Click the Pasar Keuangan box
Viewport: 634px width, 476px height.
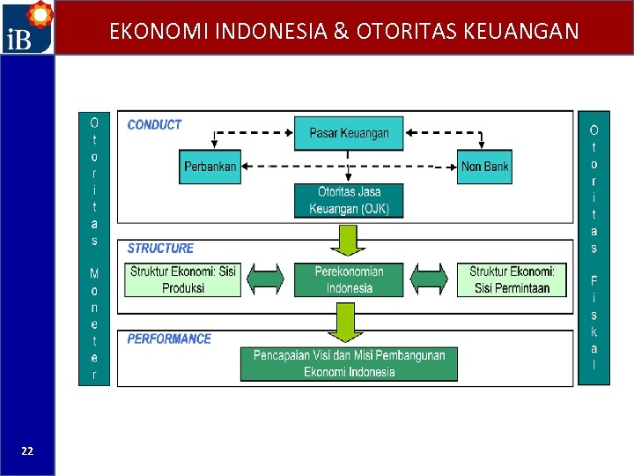coord(349,133)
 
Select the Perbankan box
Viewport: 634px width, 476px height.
coord(210,167)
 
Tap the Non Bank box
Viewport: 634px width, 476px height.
coord(484,167)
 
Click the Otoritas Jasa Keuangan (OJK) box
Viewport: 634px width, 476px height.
coord(349,200)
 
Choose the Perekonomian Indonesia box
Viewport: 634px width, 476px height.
coord(349,279)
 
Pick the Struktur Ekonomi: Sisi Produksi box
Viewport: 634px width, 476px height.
coord(183,279)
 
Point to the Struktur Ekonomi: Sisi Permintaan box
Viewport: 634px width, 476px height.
coord(511,279)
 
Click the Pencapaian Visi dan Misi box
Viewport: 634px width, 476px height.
coord(349,363)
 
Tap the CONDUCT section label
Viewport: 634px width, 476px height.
coord(154,125)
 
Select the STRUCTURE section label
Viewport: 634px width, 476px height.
coord(160,249)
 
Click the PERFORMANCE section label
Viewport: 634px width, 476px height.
coord(169,338)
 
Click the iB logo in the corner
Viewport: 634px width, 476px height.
coord(26,27)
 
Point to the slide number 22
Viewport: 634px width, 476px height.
coord(27,450)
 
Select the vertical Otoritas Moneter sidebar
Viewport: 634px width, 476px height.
coord(94,248)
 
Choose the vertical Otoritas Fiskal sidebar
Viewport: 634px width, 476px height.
coord(593,248)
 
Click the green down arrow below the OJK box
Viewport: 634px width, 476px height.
coord(349,239)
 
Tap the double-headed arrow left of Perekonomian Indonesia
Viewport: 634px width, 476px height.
coord(267,279)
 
